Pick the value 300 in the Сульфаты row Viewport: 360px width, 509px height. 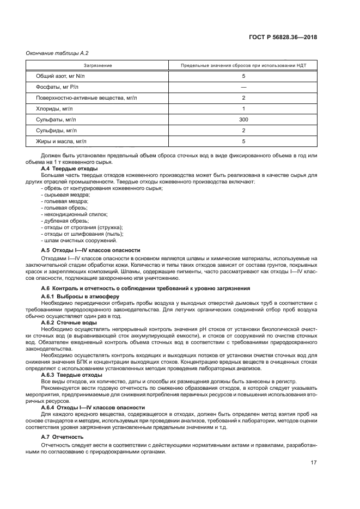(x=243, y=120)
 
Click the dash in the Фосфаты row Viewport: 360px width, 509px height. (x=243, y=87)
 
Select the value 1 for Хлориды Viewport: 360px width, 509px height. (x=243, y=109)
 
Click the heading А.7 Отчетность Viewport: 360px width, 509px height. (x=62, y=437)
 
